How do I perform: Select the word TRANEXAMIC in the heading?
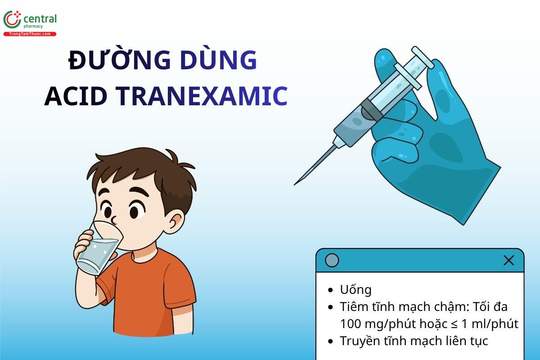pyautogui.click(x=202, y=96)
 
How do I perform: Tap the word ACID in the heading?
pyautogui.click(x=76, y=96)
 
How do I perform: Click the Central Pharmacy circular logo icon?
pyautogui.click(x=12, y=19)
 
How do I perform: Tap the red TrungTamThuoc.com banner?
pyautogui.click(x=30, y=34)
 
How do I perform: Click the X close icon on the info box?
pyautogui.click(x=508, y=260)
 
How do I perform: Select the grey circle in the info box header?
pyautogui.click(x=332, y=260)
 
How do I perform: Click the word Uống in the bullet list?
pyautogui.click(x=355, y=290)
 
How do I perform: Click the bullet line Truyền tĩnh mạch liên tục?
pyautogui.click(x=414, y=341)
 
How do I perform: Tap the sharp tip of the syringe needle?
pyautogui.click(x=295, y=184)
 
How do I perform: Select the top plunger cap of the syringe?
pyautogui.click(x=423, y=57)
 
